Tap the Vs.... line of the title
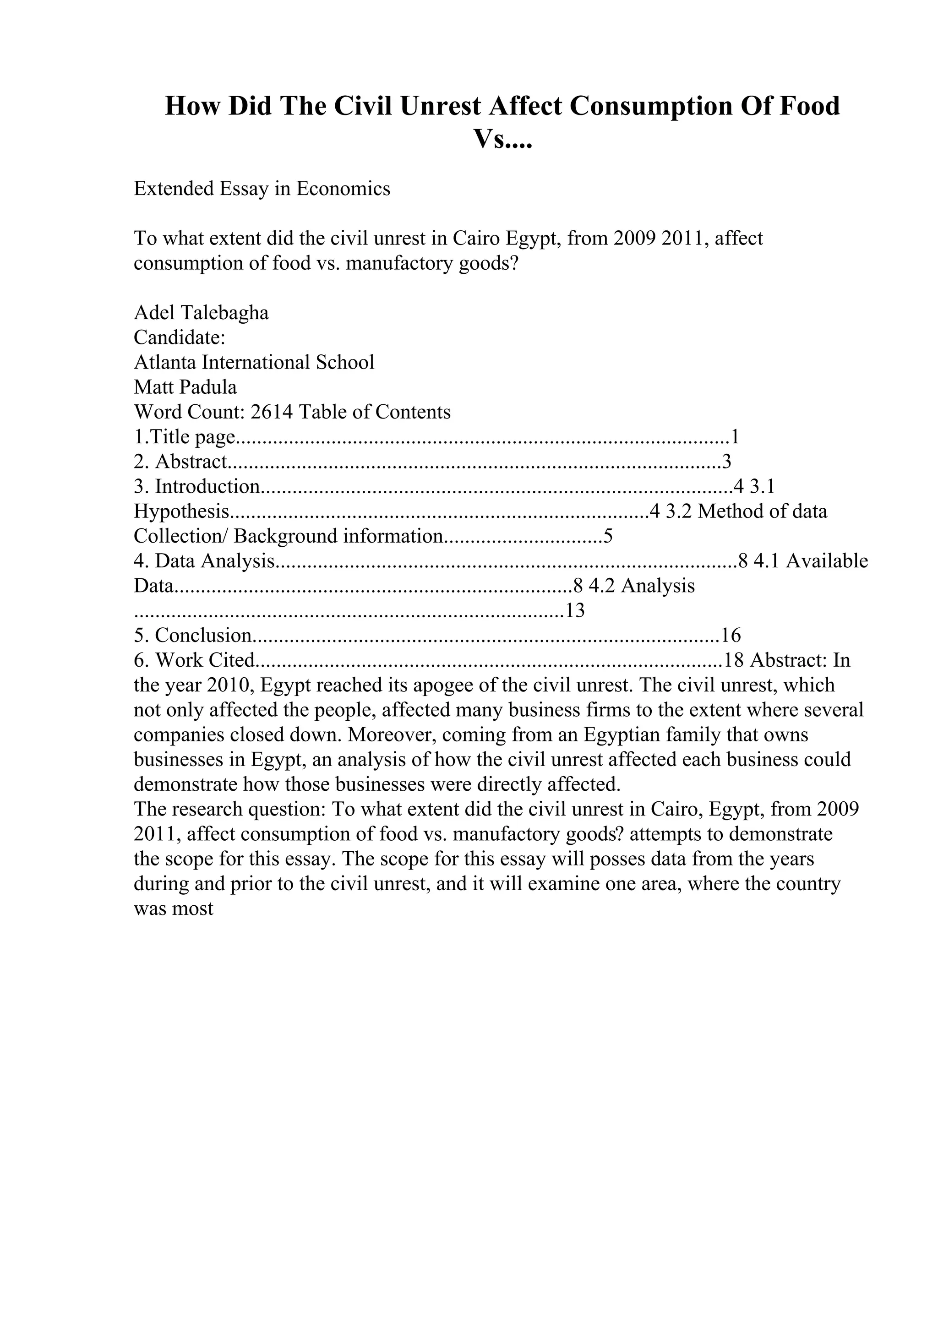coord(502,139)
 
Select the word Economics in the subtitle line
coord(344,189)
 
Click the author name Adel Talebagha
coord(201,313)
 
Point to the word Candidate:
coord(179,337)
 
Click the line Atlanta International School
coord(254,362)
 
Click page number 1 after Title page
coord(735,437)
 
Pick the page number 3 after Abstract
coord(726,462)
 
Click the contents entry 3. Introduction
coord(197,487)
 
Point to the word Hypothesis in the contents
coord(181,511)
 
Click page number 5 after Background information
coord(607,536)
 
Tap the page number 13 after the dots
coord(575,611)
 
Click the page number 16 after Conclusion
coord(731,636)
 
